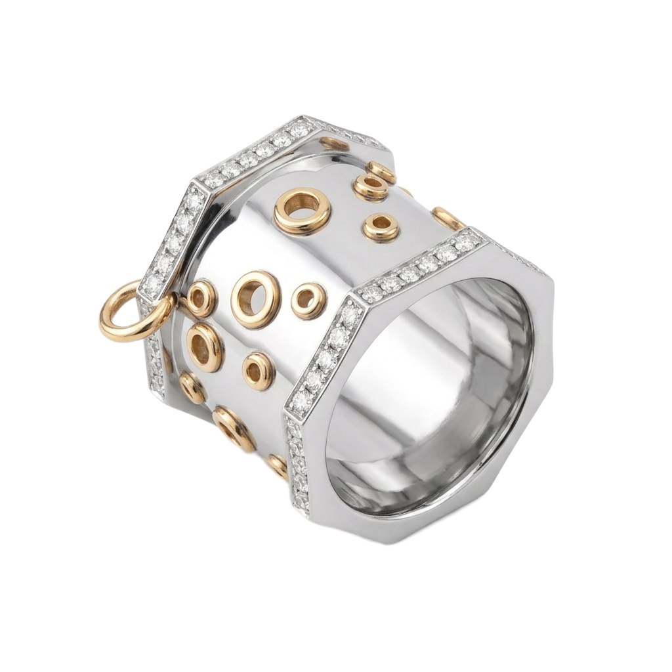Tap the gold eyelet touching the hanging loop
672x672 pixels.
pos(200,299)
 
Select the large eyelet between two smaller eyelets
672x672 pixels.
pos(255,299)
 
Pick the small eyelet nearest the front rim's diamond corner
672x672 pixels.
pos(308,300)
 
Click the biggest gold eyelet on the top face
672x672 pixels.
pos(302,211)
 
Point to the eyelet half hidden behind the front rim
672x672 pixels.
pos(448,218)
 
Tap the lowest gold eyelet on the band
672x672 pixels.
pos(278,465)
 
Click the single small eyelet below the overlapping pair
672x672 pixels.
pos(381,228)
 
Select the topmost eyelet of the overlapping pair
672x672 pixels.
pos(382,172)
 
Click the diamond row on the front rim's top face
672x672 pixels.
pos(420,266)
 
